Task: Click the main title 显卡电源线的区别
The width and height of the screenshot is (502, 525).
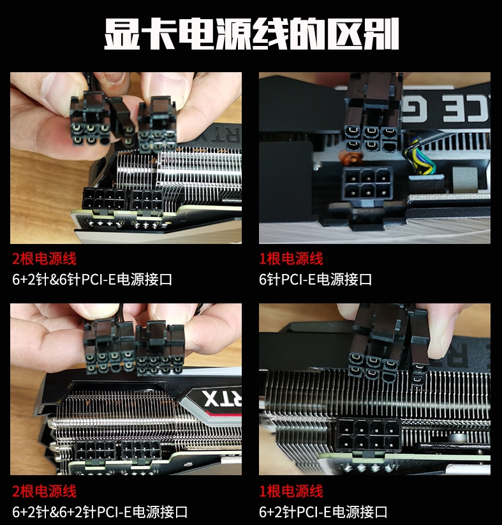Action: tap(251, 33)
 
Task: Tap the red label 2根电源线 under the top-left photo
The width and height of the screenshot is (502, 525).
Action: tap(44, 259)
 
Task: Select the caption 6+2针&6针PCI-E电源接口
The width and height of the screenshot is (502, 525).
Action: tap(92, 279)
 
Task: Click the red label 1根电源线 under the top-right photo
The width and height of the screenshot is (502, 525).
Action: tap(291, 259)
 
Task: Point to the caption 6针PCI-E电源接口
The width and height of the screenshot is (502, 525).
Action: tap(315, 279)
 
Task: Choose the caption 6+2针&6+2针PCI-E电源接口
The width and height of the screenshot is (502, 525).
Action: tap(100, 512)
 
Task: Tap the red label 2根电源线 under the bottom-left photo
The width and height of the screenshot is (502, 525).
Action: tap(44, 491)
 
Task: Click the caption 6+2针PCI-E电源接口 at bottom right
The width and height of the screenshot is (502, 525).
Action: tap(323, 512)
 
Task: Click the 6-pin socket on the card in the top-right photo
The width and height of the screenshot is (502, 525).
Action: tap(367, 183)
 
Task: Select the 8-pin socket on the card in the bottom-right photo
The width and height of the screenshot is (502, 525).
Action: tap(369, 435)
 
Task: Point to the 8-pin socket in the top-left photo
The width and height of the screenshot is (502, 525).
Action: tap(105, 199)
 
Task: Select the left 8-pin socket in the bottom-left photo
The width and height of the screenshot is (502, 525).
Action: tap(95, 450)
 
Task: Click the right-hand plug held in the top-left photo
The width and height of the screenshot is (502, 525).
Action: tap(157, 125)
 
